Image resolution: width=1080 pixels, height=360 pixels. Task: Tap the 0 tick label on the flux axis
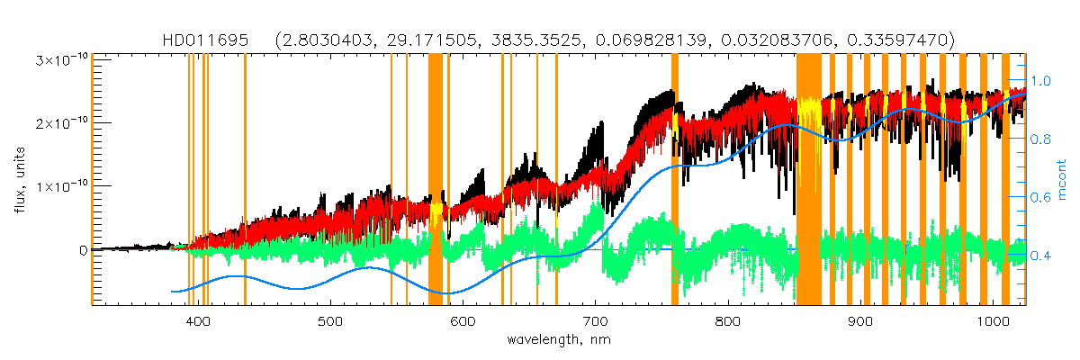click(83, 250)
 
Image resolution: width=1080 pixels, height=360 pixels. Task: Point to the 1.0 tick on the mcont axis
click(1040, 80)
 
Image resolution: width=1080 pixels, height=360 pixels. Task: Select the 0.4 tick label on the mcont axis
click(1040, 256)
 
